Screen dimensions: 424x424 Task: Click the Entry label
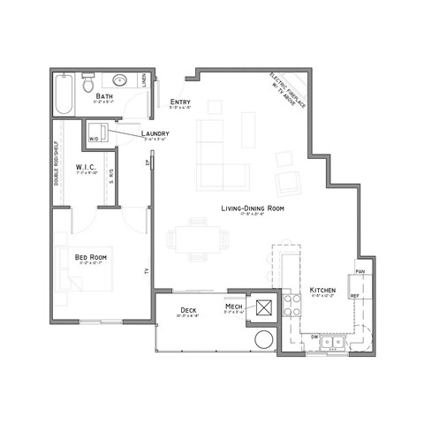(180, 102)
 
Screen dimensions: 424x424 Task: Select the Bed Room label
(91, 257)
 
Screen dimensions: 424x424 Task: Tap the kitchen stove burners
(290, 305)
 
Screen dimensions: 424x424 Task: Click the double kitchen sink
(333, 341)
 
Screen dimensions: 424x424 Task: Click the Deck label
(187, 308)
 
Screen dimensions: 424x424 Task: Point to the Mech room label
(234, 306)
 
